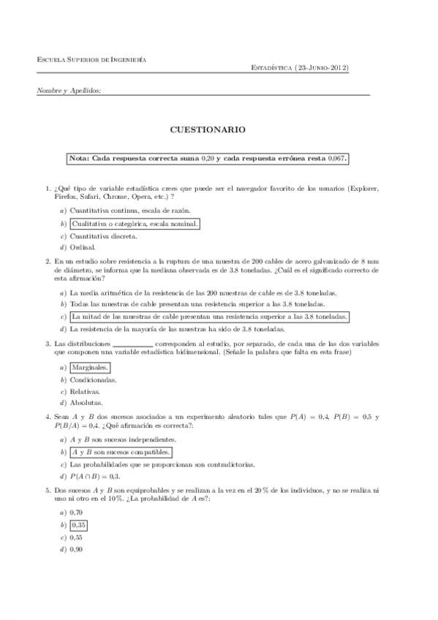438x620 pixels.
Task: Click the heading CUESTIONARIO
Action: click(208, 129)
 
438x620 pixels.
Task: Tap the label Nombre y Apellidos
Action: click(69, 91)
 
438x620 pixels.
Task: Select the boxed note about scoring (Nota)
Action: click(208, 158)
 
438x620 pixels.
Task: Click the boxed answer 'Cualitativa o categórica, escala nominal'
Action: click(135, 223)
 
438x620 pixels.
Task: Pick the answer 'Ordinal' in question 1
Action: click(83, 247)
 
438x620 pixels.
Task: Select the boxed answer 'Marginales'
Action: click(90, 368)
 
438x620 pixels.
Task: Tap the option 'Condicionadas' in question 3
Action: click(94, 379)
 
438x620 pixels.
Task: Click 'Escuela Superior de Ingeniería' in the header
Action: click(91, 59)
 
